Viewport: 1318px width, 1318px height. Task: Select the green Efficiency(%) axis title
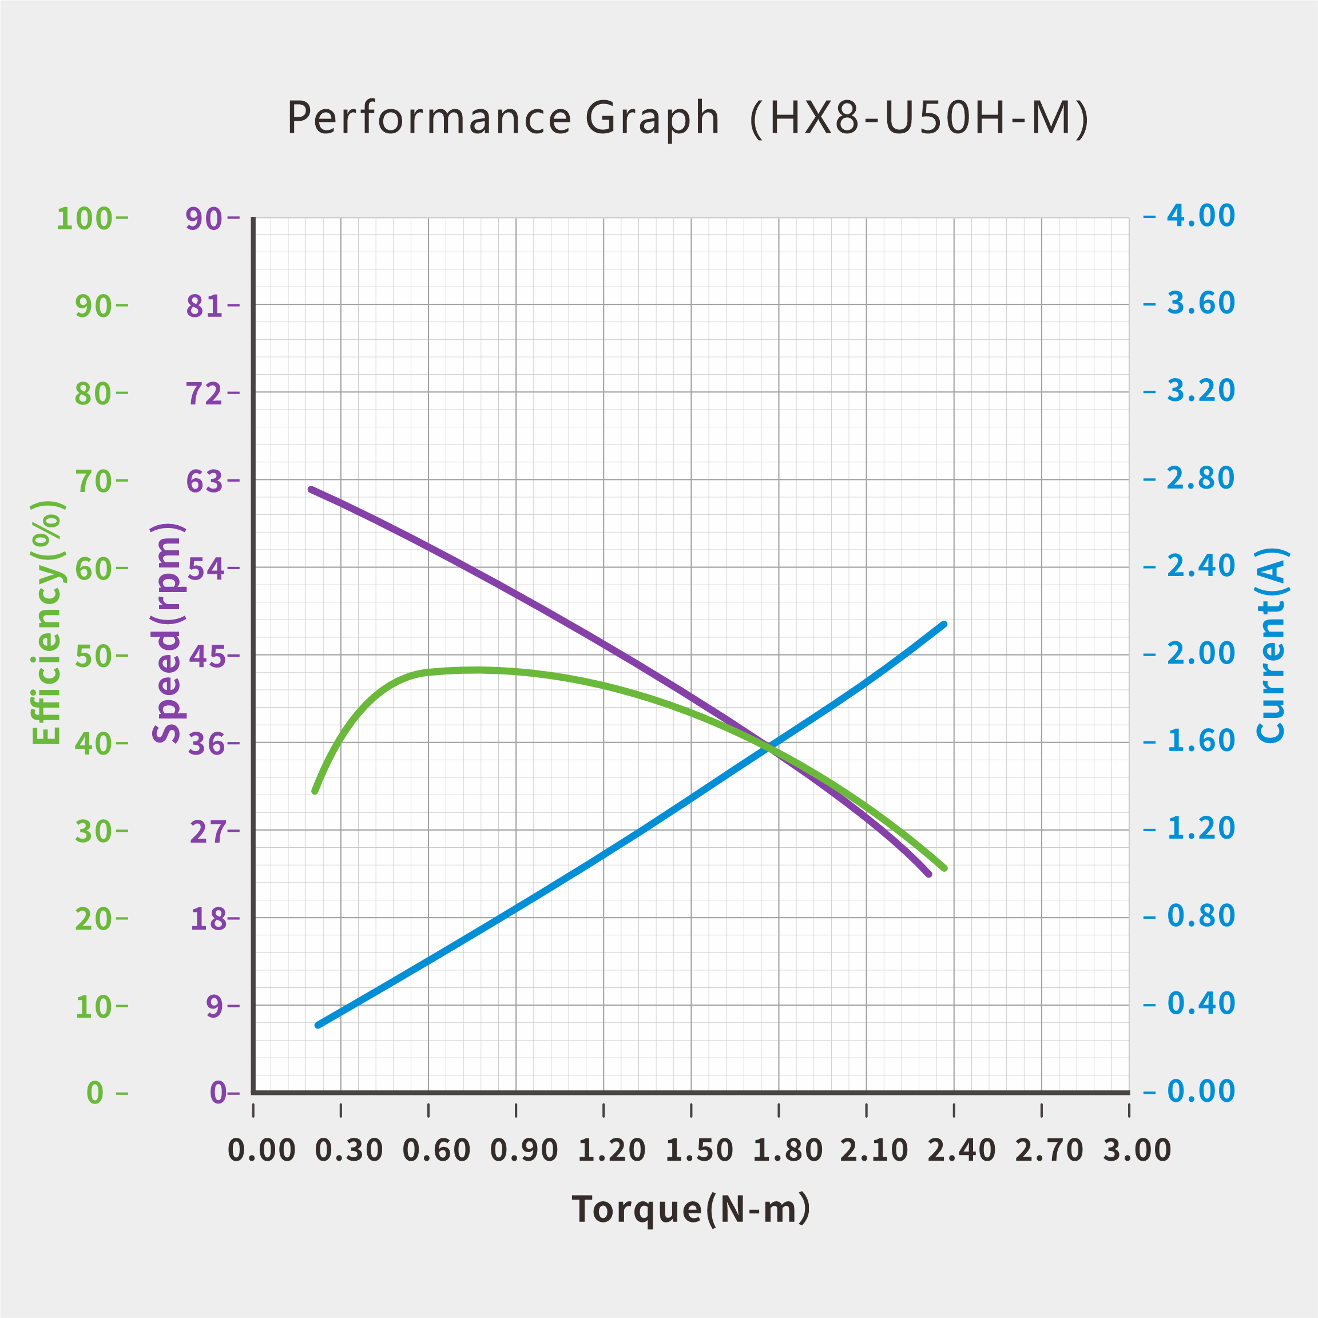click(47, 622)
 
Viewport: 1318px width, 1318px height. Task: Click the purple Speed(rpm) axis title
click(167, 632)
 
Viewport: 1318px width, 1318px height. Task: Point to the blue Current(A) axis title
click(1271, 645)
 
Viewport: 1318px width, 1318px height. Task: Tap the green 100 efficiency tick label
click(84, 219)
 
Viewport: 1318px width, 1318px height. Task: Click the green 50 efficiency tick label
click(93, 656)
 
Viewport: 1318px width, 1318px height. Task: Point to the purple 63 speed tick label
click(205, 482)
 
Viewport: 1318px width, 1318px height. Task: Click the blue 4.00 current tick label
click(1201, 216)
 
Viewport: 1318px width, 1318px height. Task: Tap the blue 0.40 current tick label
click(1201, 1003)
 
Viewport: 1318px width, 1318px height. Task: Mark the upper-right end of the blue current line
click(944, 624)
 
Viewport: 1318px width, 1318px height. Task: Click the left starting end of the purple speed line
click(311, 490)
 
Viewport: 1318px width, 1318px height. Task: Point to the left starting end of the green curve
click(315, 791)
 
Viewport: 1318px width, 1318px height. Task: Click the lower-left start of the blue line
click(318, 1025)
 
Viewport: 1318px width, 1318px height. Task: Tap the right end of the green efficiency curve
click(945, 868)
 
